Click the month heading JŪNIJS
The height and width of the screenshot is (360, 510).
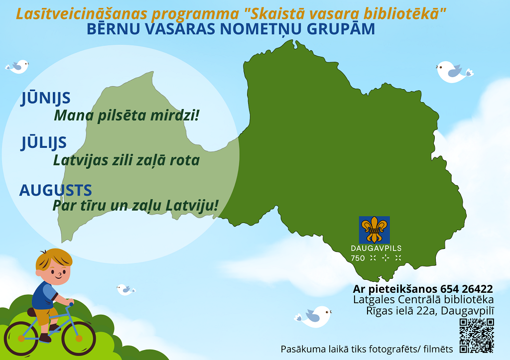click(x=45, y=98)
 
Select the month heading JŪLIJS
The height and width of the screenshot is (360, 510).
click(x=44, y=142)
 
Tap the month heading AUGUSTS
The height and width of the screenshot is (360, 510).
click(x=56, y=190)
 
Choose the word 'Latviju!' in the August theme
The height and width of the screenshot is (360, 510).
click(x=192, y=206)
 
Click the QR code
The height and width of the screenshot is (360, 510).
click(x=477, y=336)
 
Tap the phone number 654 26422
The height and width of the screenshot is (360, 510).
click(x=466, y=289)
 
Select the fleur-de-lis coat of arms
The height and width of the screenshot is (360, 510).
click(x=375, y=230)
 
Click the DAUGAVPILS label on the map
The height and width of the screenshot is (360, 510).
click(x=376, y=248)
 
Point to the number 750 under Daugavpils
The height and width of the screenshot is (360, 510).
click(x=358, y=258)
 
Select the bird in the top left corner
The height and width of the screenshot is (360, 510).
click(x=17, y=67)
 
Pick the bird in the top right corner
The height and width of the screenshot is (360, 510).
click(x=454, y=72)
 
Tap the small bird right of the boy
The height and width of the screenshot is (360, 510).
click(x=126, y=289)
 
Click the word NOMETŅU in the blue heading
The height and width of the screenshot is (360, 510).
click(x=261, y=29)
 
